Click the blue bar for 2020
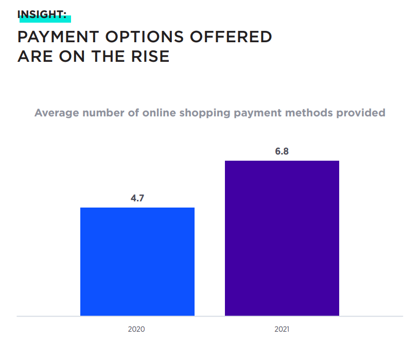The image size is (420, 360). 137,261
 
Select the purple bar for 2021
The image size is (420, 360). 282,238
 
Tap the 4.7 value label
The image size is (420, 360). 137,198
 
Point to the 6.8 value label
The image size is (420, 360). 282,151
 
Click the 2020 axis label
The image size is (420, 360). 137,329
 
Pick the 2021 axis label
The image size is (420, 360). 282,329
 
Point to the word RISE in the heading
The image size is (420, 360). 148,56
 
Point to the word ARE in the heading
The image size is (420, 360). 34,56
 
